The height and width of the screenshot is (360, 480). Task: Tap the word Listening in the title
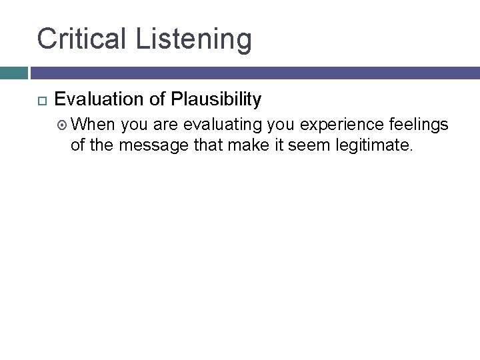194,39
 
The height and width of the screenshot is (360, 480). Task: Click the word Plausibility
216,100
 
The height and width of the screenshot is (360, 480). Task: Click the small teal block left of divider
13,73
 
